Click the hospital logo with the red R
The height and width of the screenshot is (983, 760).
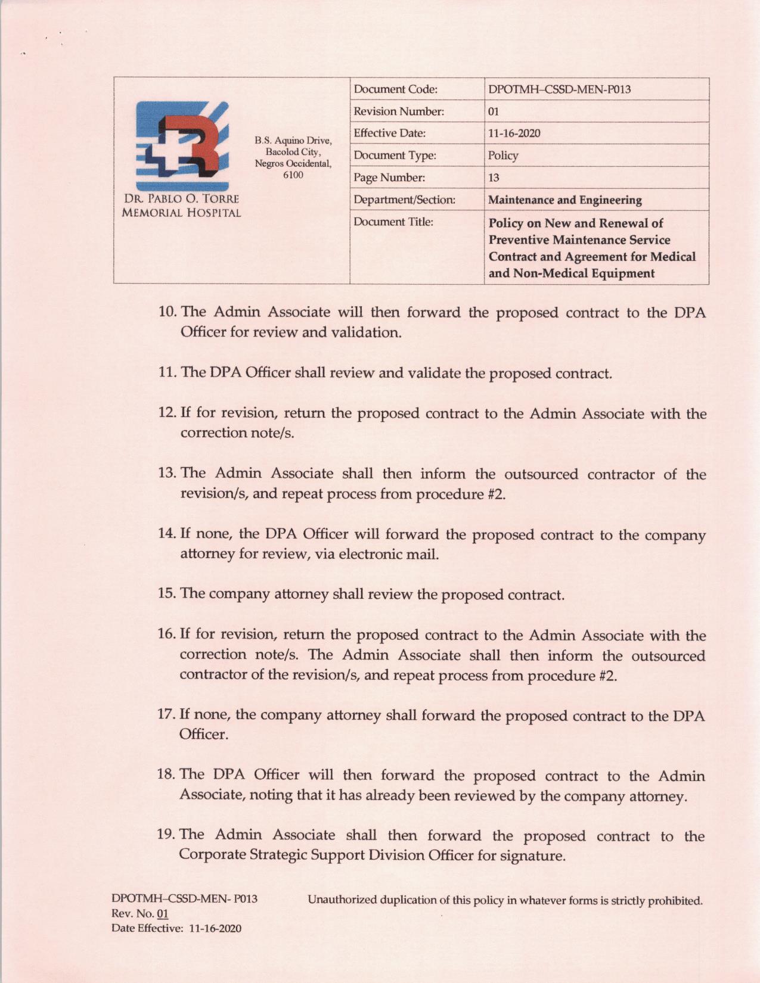click(x=182, y=146)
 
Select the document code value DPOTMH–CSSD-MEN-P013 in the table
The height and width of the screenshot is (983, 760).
click(x=559, y=90)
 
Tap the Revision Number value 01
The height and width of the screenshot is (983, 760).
click(x=494, y=112)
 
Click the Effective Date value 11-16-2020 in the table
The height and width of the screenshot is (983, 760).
click(x=514, y=133)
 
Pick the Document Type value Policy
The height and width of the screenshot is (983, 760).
click(x=503, y=155)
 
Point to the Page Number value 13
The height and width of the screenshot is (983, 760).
click(x=494, y=178)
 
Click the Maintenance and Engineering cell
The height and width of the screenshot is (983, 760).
click(x=564, y=200)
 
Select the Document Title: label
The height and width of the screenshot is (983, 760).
click(x=393, y=222)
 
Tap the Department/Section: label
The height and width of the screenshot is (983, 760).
click(x=404, y=200)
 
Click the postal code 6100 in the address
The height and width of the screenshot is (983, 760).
click(x=293, y=175)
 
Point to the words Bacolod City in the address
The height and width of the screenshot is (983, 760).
click(x=293, y=152)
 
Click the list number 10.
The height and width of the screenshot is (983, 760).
click(x=167, y=312)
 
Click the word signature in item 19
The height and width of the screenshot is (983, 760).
click(x=533, y=856)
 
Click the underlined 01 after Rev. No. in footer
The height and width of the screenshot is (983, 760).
click(x=162, y=914)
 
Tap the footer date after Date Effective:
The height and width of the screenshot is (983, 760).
click(x=215, y=928)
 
